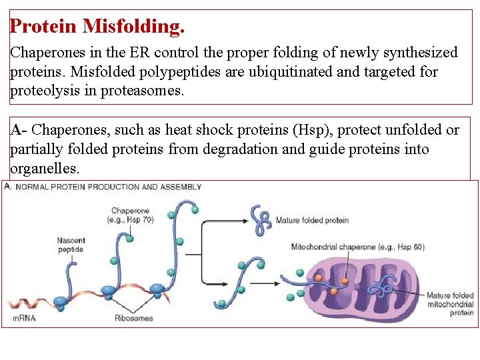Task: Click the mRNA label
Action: point(25,318)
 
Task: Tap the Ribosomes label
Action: point(133,318)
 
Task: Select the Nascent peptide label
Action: point(71,245)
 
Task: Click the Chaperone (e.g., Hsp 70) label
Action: point(131,215)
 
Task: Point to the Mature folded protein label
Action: point(312,221)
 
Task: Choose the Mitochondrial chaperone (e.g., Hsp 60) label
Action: point(358,247)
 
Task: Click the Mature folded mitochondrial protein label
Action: point(451,304)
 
